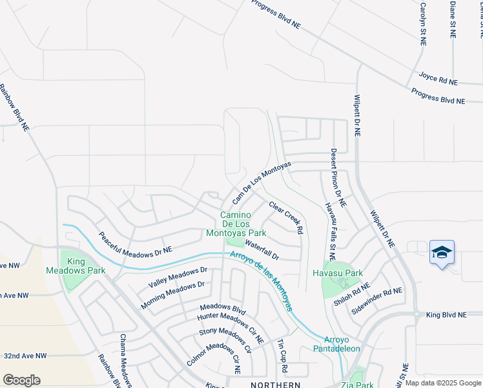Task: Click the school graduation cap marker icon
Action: click(442, 252)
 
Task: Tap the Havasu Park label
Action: click(345, 273)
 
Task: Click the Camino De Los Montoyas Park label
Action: click(235, 224)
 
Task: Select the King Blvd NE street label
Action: click(446, 315)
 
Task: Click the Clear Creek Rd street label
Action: click(286, 217)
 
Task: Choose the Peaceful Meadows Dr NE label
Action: click(136, 242)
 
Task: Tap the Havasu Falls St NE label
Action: click(331, 227)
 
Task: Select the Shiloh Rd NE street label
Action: click(352, 294)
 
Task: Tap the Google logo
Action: click(21, 380)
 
